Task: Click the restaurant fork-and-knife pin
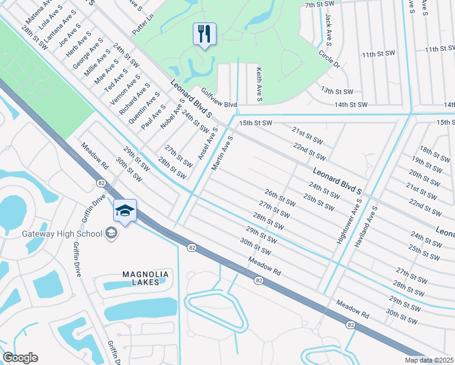click(204, 34)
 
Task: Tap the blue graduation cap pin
click(125, 211)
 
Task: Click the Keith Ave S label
click(259, 85)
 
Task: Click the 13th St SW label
click(338, 91)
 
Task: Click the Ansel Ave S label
click(207, 144)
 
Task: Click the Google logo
click(20, 358)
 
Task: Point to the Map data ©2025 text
click(429, 360)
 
